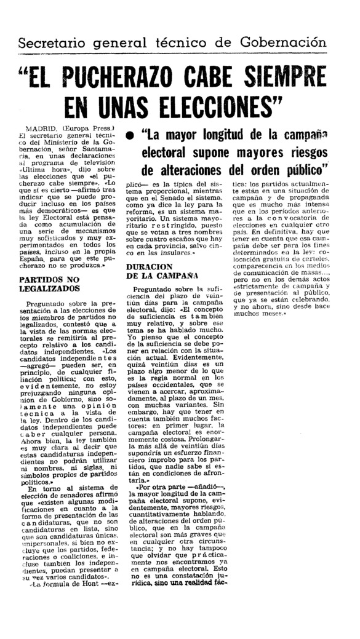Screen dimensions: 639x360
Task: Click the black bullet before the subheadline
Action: [x=130, y=135]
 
